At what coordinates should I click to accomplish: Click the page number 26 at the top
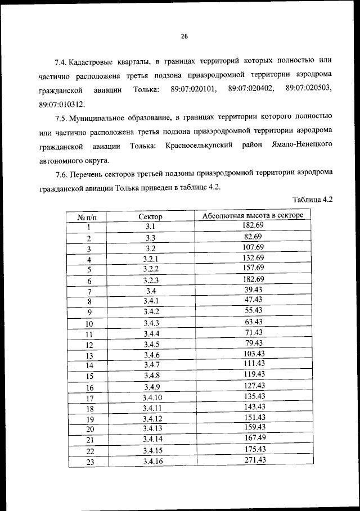pyautogui.click(x=183, y=37)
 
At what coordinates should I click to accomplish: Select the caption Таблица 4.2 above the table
pyautogui.click(x=313, y=200)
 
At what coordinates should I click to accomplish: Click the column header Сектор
pyautogui.click(x=150, y=216)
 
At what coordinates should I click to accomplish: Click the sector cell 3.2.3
pyautogui.click(x=150, y=280)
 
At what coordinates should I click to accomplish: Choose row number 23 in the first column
pyautogui.click(x=89, y=462)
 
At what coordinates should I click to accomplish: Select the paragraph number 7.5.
pyautogui.click(x=63, y=118)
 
